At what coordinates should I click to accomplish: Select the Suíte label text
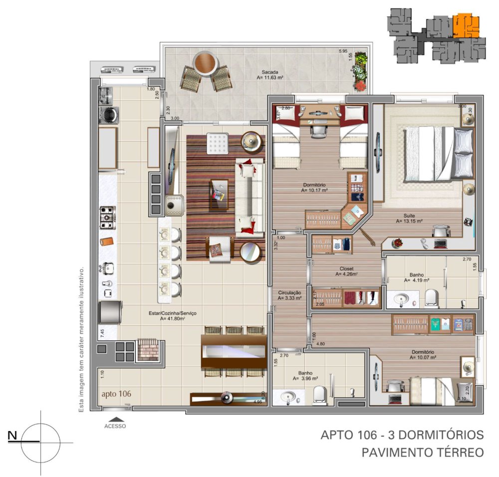click(410, 216)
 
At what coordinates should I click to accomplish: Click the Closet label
click(346, 268)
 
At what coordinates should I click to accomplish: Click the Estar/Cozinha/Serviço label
click(173, 313)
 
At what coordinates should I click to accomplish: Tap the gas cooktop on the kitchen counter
click(108, 217)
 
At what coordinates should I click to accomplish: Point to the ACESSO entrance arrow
click(115, 420)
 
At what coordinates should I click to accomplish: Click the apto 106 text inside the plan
click(116, 394)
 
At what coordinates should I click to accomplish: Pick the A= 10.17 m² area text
click(314, 190)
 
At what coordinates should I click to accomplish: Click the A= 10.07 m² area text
click(423, 357)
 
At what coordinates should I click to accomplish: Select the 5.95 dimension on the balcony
click(342, 51)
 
